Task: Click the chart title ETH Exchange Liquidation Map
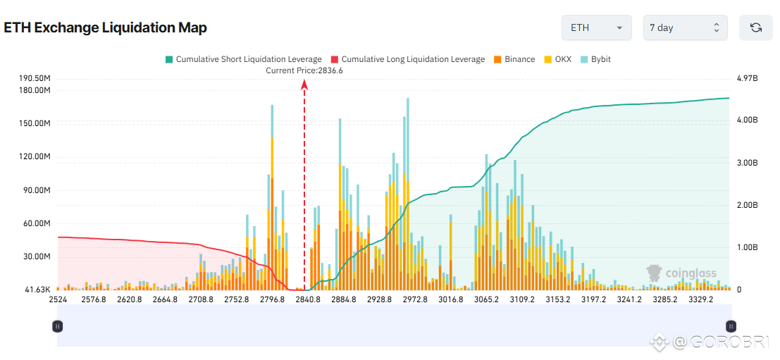pos(105,27)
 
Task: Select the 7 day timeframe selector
pos(685,27)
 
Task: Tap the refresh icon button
pos(756,27)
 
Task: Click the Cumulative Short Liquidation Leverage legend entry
pos(243,59)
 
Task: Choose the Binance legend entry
pos(514,59)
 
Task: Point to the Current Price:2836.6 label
pos(304,70)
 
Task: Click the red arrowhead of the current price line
pos(304,84)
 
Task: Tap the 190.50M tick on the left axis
pos(35,77)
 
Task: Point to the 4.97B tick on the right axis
pos(748,77)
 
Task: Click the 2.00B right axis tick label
pos(748,205)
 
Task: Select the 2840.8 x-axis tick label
pos(308,299)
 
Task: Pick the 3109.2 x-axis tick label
pos(522,299)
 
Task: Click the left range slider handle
pos(58,326)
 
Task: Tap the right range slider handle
pos(731,326)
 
